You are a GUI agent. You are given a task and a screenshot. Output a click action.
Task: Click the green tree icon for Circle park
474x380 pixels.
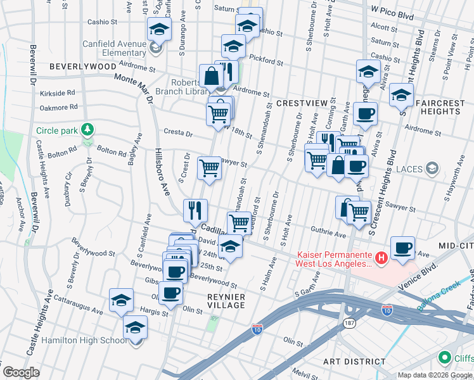[87, 130]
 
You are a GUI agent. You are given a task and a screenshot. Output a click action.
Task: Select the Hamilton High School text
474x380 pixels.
[84, 340]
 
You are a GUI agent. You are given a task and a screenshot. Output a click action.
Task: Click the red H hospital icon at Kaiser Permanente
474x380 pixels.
[381, 258]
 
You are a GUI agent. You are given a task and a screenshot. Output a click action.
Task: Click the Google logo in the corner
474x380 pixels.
[21, 372]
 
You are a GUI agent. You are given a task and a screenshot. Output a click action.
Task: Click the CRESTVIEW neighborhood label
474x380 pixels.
[301, 103]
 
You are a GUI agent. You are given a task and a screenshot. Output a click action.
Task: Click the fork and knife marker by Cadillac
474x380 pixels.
[196, 210]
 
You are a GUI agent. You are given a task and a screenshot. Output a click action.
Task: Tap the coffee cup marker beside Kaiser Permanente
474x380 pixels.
[402, 247]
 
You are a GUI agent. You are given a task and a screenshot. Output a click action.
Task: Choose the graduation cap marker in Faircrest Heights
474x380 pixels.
[401, 95]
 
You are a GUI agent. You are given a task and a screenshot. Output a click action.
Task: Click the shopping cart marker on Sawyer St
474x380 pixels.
[209, 168]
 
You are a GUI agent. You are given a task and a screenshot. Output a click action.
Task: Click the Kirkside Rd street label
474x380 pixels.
[58, 92]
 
